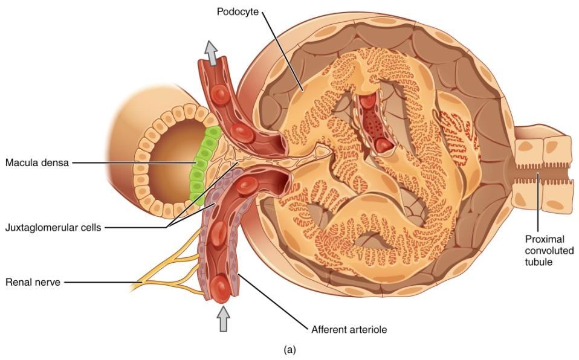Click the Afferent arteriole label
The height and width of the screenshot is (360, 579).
[x=349, y=330]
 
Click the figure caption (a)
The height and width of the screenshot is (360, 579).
[x=289, y=349]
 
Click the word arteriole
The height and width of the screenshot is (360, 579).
[x=365, y=330]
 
